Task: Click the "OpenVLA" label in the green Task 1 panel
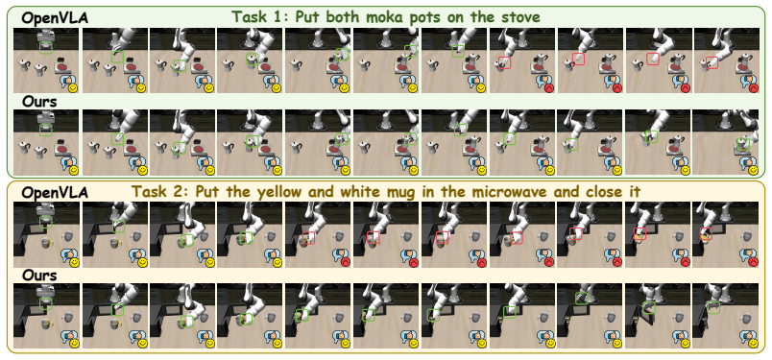[54, 18]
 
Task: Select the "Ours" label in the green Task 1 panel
[39, 102]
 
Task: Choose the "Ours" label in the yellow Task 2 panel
[39, 276]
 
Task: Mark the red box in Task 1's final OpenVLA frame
[712, 62]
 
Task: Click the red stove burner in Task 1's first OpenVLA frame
[62, 66]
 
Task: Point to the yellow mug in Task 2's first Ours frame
[47, 324]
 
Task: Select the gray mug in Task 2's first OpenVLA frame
[68, 236]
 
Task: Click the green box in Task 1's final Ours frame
[742, 144]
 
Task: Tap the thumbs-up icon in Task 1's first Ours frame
[65, 163]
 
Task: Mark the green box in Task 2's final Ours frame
[713, 307]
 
